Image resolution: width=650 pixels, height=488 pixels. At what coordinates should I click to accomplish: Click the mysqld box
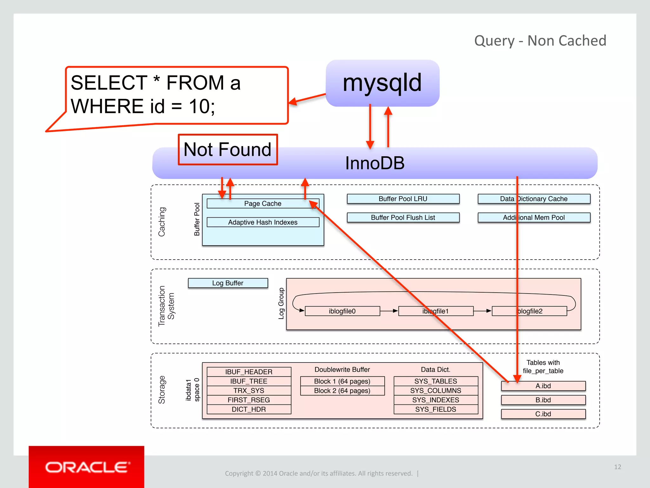(x=382, y=83)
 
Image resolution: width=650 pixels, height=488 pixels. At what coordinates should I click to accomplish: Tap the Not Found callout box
(x=228, y=150)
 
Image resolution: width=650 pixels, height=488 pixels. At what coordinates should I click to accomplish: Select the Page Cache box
(x=262, y=204)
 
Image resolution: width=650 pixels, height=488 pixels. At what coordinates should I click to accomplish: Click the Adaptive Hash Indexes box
(x=262, y=222)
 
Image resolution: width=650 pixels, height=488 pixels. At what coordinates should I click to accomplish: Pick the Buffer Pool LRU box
(x=403, y=199)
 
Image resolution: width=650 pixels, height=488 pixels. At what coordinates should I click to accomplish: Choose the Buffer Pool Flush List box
(x=403, y=218)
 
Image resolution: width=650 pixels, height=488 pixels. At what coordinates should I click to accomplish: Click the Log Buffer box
(x=228, y=283)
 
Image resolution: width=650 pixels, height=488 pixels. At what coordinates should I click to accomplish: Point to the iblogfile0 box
(x=342, y=311)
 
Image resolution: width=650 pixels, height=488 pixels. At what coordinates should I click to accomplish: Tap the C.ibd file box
(x=543, y=414)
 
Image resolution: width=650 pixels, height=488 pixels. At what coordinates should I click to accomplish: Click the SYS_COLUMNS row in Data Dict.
(x=435, y=390)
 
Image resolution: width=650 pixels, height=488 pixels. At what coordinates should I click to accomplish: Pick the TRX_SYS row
(x=249, y=390)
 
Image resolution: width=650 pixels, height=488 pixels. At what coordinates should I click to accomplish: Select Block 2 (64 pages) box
(x=342, y=390)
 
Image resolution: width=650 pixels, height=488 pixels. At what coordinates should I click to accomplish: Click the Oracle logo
(x=86, y=467)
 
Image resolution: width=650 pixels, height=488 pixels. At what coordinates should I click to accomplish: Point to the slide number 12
(x=617, y=467)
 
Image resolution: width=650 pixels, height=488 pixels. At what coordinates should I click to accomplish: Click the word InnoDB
(x=375, y=163)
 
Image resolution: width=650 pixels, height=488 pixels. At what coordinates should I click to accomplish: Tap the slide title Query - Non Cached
(x=540, y=41)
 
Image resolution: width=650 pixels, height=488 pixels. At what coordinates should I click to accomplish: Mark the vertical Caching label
(x=162, y=222)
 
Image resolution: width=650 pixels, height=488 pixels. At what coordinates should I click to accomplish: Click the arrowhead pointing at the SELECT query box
(x=293, y=102)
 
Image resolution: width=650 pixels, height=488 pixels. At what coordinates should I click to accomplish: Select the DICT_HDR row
(x=249, y=409)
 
